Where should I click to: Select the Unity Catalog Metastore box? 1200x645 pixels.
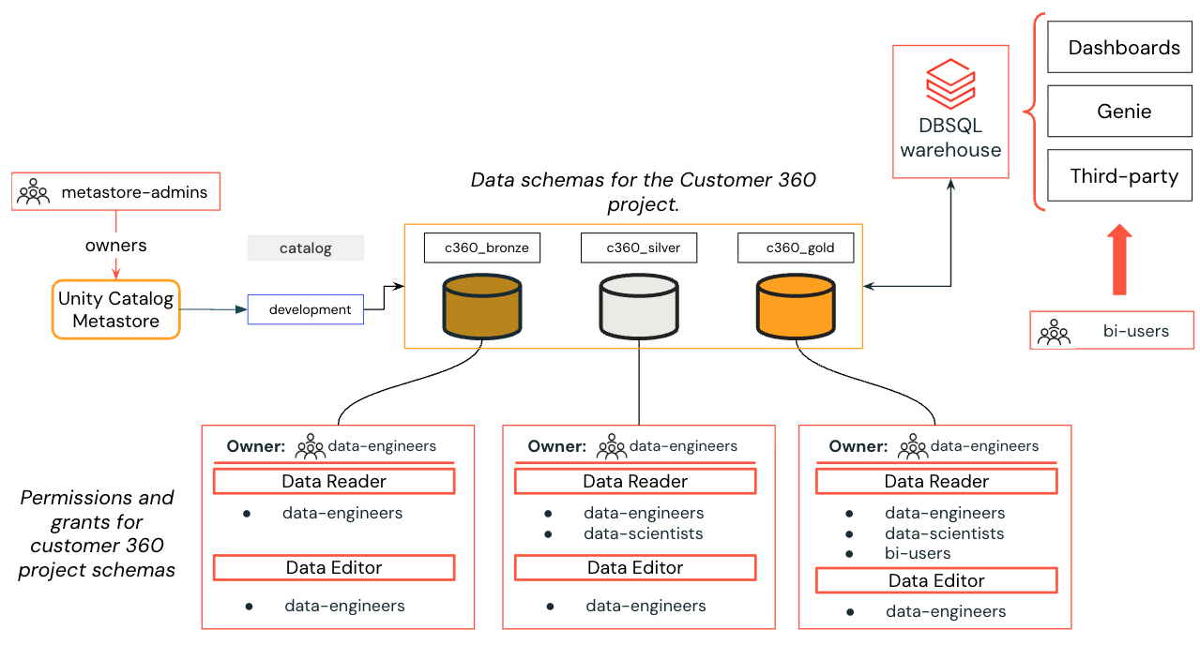tap(116, 309)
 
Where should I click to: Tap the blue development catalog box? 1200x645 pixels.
tap(305, 309)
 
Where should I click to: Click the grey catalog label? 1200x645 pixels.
tap(305, 248)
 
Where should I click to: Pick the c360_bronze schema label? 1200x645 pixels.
tap(480, 247)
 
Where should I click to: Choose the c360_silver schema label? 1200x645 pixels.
tap(638, 247)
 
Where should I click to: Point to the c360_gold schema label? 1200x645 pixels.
tap(796, 247)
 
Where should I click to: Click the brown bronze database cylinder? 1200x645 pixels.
tap(481, 306)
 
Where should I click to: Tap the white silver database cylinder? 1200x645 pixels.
tap(638, 306)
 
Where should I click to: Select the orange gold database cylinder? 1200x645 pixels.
tap(796, 306)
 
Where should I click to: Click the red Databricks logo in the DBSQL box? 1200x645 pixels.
tap(950, 84)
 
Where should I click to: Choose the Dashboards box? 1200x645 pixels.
tap(1124, 48)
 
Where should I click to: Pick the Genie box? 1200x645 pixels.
tap(1124, 112)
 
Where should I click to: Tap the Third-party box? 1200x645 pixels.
tap(1124, 175)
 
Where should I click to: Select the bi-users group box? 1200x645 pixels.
tap(1112, 331)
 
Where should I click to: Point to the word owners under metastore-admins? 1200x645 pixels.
tap(116, 246)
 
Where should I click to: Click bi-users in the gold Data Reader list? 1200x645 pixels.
tap(918, 553)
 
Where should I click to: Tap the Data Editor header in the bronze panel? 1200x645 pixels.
tap(334, 567)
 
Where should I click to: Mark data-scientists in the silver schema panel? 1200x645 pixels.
tap(643, 533)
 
